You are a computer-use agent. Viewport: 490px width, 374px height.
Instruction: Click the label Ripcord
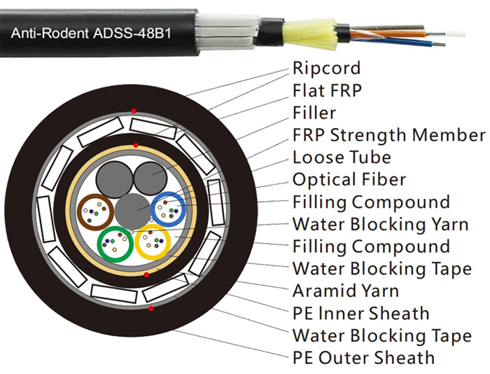point(326,68)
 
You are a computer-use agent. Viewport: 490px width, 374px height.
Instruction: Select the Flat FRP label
point(327,90)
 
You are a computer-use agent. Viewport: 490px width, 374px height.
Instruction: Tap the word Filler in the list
point(314,113)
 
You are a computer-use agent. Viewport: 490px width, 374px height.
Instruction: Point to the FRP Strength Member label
point(389,135)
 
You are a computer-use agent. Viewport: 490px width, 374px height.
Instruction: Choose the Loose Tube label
point(342,158)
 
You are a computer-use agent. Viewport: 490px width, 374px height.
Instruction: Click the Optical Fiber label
point(349,179)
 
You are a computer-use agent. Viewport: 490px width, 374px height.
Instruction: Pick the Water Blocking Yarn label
point(380,224)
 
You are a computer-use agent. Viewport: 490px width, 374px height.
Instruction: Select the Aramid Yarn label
point(346,291)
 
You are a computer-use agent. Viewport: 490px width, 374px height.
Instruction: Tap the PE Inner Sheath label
point(360,313)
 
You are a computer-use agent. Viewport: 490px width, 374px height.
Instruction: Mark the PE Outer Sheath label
point(363,358)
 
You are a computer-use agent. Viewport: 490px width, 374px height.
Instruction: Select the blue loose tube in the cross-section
point(153,209)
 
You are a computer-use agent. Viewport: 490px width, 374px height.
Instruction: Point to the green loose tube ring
point(99,244)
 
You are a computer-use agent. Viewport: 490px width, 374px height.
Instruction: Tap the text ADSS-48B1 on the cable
point(132,33)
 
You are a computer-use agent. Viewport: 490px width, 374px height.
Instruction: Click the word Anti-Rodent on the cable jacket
point(50,33)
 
